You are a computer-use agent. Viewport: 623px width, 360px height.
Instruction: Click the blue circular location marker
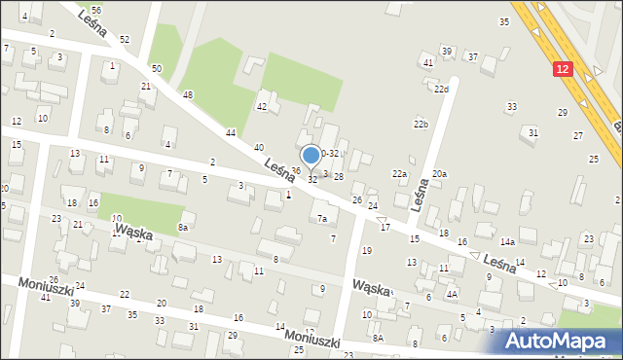coord(311,155)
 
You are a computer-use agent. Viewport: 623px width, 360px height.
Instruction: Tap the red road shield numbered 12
coord(564,69)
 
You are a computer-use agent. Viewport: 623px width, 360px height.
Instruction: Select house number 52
coord(125,39)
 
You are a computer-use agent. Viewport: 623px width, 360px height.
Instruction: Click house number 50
coord(156,69)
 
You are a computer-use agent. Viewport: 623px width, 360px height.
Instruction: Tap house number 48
coord(188,94)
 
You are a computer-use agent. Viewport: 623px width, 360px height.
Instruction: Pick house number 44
coord(231,132)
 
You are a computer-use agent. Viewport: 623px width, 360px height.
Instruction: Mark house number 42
coord(261,106)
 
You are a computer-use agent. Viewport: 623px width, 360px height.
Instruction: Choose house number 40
coord(258,147)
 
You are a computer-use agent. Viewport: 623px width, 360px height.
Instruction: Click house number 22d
coord(441,90)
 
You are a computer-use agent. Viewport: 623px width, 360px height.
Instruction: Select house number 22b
coord(421,125)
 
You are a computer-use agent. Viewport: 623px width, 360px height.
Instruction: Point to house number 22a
coord(399,173)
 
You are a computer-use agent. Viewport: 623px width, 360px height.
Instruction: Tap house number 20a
coord(439,173)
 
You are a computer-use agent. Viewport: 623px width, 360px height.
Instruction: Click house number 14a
coord(507,241)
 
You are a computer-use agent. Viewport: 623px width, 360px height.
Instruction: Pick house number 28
coord(339,176)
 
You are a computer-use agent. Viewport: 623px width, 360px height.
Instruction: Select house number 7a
coord(321,219)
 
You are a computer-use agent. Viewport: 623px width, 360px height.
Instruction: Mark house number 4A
coord(452,293)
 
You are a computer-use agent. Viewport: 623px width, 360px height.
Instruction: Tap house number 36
coord(296,171)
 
